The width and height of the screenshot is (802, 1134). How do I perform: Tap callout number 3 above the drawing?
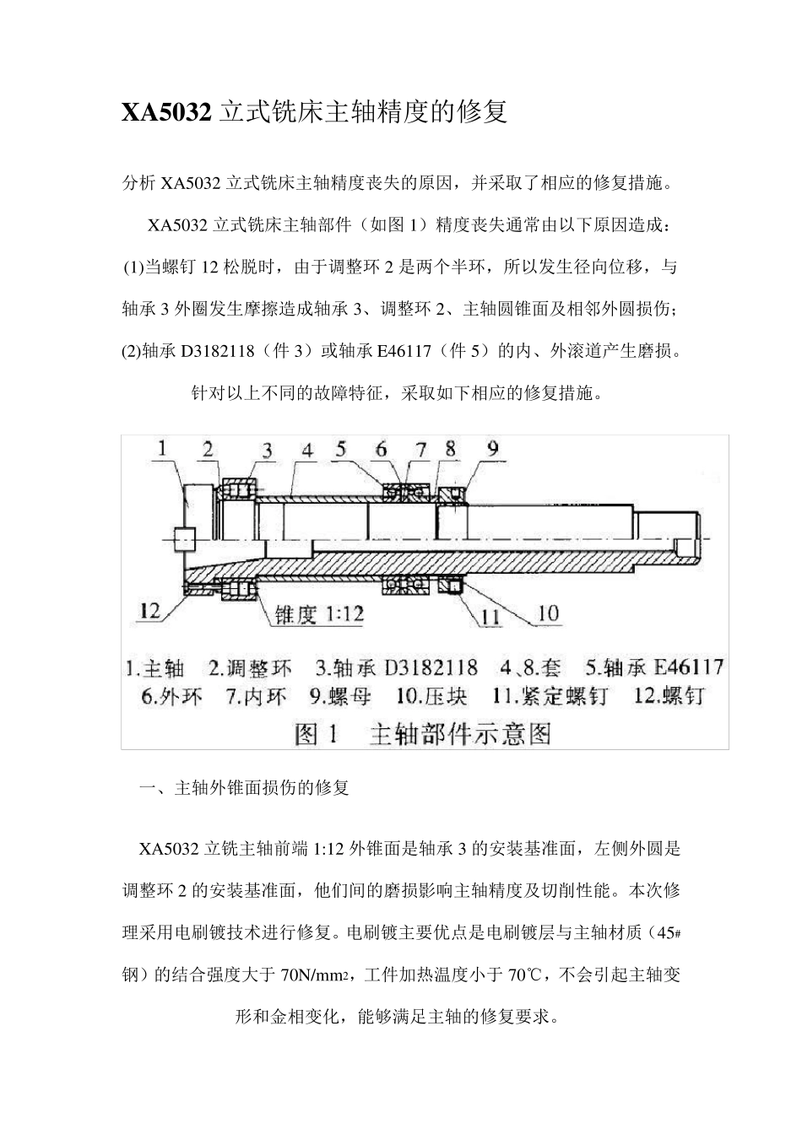(267, 451)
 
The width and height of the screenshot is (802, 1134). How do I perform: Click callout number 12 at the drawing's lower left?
(149, 611)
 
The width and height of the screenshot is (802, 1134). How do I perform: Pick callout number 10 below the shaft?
(548, 613)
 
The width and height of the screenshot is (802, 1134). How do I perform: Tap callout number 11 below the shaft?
(490, 617)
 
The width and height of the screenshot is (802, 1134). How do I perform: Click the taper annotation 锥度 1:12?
(319, 614)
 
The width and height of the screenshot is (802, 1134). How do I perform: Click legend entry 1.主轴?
(155, 669)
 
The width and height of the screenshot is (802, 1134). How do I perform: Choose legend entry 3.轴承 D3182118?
(397, 668)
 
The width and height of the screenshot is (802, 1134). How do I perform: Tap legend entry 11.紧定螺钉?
(550, 697)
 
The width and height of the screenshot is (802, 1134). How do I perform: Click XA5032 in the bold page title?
(166, 112)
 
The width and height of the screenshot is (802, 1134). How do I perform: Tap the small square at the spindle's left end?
(183, 537)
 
